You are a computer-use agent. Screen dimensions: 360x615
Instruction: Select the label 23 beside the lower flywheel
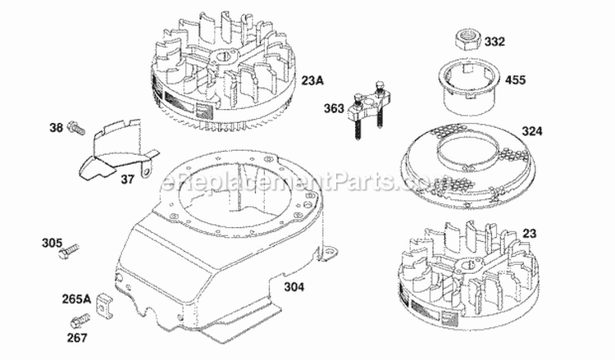coord(531,233)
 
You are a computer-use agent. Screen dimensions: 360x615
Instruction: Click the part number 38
coord(55,127)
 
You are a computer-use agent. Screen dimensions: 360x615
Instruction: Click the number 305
coord(51,242)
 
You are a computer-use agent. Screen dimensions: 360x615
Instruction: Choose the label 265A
coord(73,298)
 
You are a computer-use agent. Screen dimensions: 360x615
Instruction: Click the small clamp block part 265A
coord(103,302)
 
